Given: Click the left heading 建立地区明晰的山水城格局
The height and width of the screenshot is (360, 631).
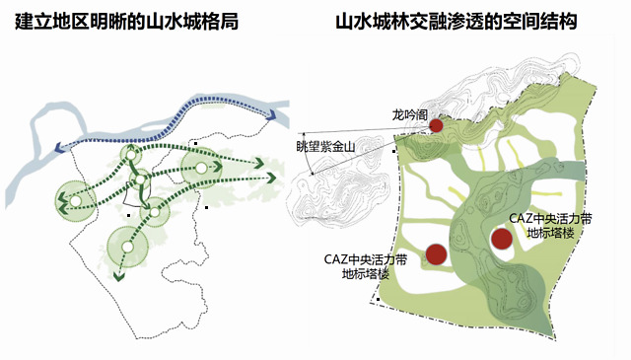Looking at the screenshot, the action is [126, 21].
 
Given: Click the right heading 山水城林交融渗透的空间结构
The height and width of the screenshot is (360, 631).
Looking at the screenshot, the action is [456, 21].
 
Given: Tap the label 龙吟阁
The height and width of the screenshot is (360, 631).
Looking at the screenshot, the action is [410, 114].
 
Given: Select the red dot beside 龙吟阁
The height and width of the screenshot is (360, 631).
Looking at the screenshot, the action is [437, 125].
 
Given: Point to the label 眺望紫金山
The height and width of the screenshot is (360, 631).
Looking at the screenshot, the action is [325, 147].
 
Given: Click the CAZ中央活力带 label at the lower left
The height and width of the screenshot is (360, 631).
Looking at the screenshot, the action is [366, 259].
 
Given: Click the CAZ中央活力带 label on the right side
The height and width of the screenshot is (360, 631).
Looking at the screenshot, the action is [550, 219].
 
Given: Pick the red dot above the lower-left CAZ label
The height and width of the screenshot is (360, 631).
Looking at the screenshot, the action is [436, 254].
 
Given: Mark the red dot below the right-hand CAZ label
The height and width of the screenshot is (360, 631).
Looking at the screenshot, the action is [502, 239].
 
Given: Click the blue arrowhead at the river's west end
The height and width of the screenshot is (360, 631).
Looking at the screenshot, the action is [59, 148].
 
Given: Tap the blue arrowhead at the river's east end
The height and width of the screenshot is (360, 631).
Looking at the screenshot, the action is [271, 115].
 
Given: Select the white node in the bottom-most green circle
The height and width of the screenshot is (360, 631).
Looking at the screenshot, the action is [127, 247].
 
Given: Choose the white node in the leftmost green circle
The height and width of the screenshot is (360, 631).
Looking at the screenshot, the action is [75, 200].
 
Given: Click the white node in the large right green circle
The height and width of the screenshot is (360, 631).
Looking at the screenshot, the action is [201, 168].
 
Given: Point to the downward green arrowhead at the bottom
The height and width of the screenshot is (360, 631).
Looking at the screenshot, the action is [118, 276].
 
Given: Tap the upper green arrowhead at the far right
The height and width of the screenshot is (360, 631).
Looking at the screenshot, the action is [258, 164].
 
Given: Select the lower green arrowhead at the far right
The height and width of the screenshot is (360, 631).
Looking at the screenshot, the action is [271, 178].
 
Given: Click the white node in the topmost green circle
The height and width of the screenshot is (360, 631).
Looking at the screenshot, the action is [131, 155].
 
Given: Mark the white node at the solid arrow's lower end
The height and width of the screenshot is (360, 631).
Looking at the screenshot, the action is [155, 212].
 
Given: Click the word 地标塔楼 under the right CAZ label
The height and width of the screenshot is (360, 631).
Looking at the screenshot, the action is [550, 233].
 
